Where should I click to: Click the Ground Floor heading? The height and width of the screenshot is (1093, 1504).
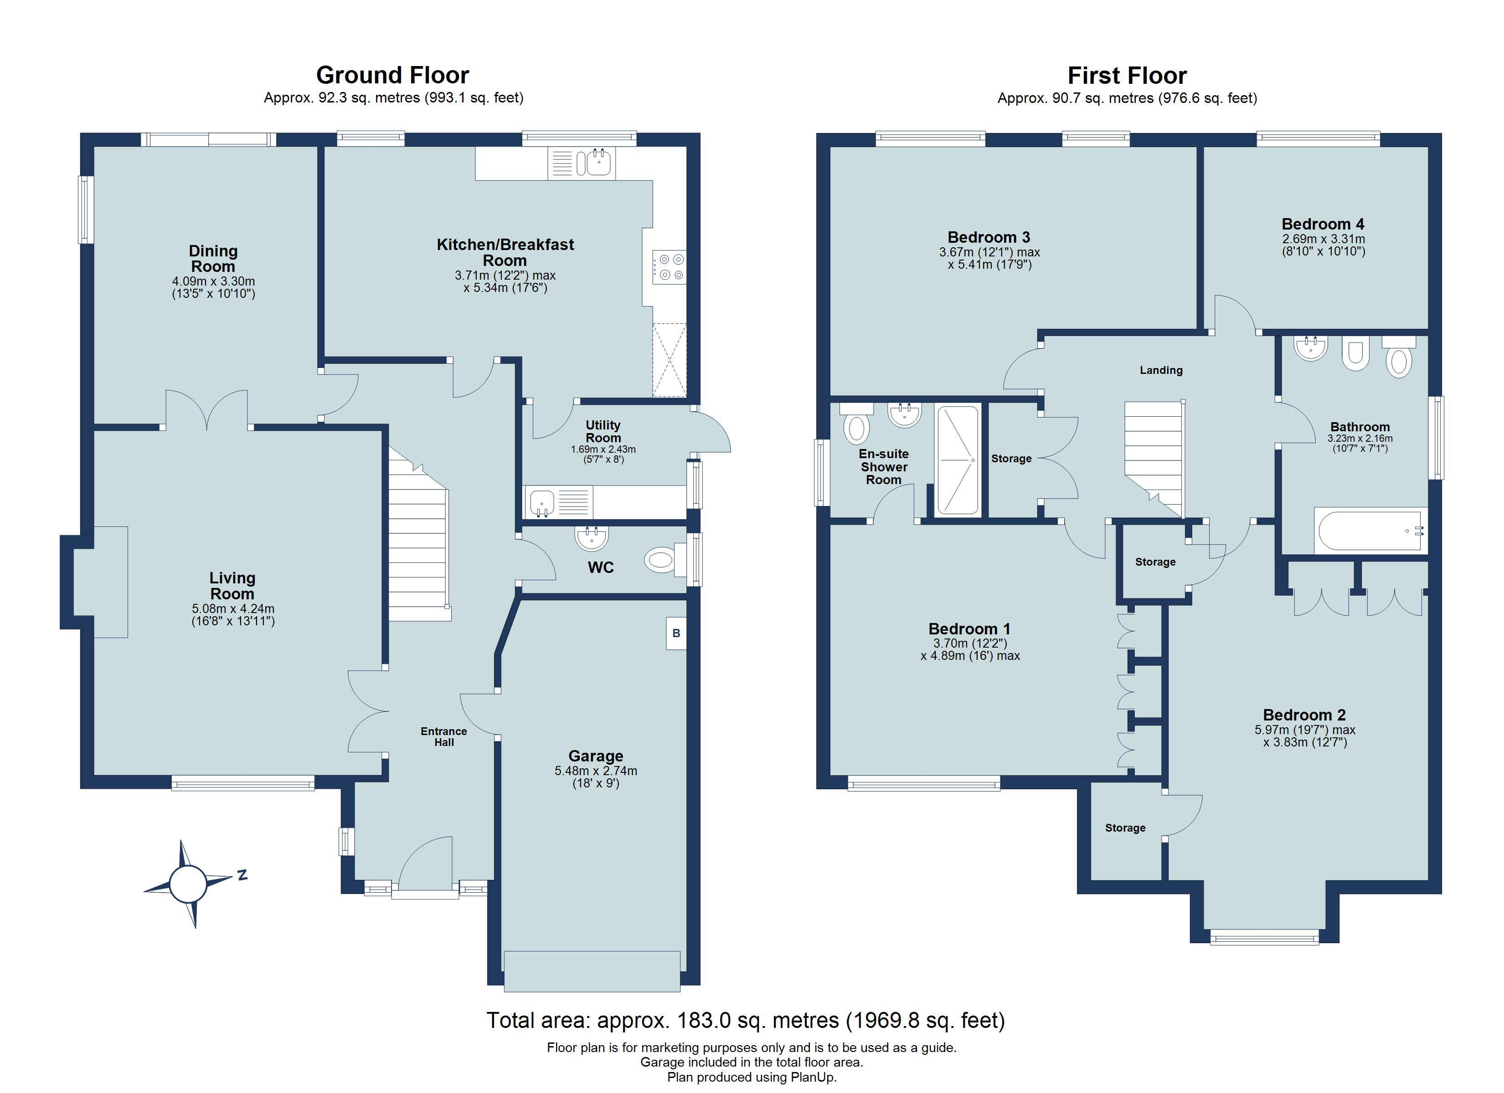[x=392, y=75]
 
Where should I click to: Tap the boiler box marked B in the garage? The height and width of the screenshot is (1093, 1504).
[x=676, y=633]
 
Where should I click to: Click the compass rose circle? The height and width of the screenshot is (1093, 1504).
[x=188, y=884]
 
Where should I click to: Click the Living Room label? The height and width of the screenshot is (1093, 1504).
[x=232, y=586]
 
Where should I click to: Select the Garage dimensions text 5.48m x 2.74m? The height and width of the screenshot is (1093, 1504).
[x=596, y=771]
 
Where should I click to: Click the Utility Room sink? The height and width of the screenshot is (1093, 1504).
[x=542, y=502]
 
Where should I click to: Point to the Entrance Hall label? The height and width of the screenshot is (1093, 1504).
[x=443, y=736]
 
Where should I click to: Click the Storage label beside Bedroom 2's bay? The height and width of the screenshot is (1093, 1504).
[x=1125, y=828]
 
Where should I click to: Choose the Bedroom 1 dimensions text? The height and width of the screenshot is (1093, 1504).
[x=969, y=649]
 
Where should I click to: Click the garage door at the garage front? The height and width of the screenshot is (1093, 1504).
[x=592, y=971]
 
